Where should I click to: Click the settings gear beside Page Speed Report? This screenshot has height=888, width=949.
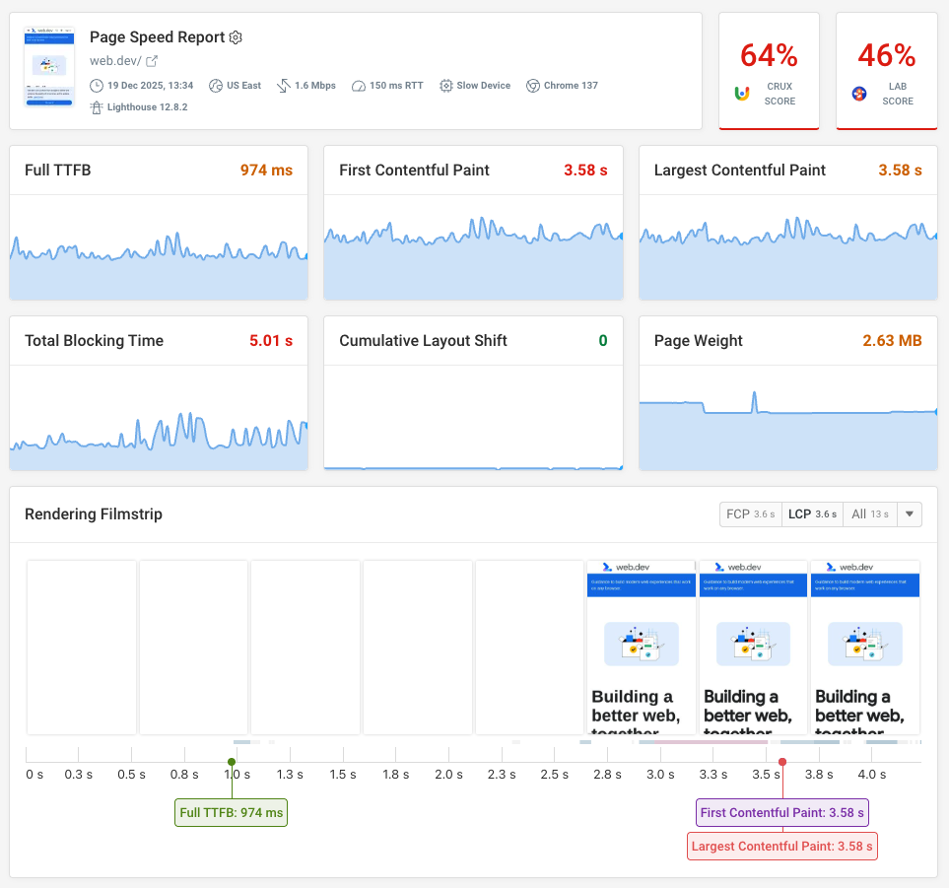[x=236, y=37]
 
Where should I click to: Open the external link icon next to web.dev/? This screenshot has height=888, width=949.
[x=152, y=62]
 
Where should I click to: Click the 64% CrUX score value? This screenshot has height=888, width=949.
[x=769, y=55]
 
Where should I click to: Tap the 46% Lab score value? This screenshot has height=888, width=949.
[x=886, y=55]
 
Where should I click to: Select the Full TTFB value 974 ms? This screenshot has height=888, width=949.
[x=266, y=171]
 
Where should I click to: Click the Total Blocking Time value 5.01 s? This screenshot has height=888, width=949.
[x=271, y=341]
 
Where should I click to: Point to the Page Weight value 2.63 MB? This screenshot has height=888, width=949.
[x=892, y=341]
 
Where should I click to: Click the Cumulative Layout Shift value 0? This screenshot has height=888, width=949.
[x=602, y=341]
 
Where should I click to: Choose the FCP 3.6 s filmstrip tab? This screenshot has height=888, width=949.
[x=750, y=514]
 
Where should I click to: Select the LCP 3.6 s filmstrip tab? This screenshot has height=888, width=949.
[x=812, y=514]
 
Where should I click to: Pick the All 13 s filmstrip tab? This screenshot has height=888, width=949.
[x=869, y=514]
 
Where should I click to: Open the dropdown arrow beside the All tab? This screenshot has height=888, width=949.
[x=910, y=514]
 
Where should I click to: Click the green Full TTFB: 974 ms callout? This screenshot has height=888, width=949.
[x=232, y=813]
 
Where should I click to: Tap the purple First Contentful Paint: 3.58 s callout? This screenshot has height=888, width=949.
[x=782, y=813]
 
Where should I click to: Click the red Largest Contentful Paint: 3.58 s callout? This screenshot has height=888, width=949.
[x=782, y=846]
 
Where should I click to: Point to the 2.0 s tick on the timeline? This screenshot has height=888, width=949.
[x=448, y=775]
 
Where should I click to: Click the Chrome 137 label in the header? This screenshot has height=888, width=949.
[x=562, y=86]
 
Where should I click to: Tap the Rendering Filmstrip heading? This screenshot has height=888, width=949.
[x=94, y=514]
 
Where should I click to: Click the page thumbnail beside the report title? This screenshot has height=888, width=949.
[x=49, y=67]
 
